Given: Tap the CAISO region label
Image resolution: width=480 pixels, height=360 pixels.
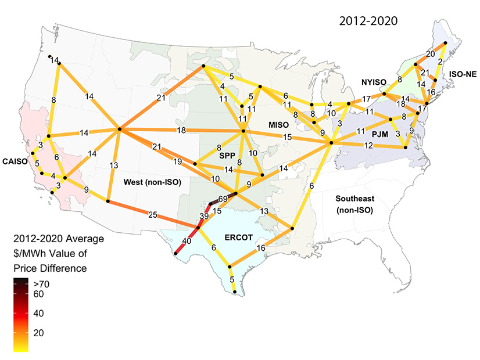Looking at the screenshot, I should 16,161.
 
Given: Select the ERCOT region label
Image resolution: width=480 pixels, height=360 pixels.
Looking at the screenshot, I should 239,236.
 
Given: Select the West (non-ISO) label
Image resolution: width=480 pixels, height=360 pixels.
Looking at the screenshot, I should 151,182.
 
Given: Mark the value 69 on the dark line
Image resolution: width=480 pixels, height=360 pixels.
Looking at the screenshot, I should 222,199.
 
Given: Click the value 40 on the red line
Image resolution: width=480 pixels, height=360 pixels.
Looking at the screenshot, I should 187,240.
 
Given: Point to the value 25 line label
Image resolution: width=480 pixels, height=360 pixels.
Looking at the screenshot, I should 153,215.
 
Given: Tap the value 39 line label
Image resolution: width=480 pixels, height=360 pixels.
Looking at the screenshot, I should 204,216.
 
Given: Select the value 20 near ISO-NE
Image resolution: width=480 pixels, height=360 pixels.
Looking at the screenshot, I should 430,53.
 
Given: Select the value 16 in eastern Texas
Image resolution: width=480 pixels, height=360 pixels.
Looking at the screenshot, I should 262,248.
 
